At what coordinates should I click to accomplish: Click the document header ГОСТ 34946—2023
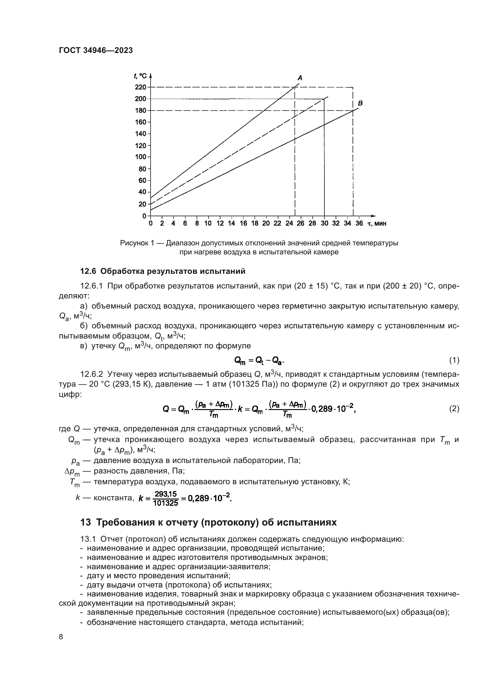pos(96,50)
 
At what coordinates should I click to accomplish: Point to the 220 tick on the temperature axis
pos(141,87)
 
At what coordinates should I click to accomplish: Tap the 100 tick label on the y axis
pos(141,157)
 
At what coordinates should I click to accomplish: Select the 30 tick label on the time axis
pos(324,224)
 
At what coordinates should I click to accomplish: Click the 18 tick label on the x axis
pos(254,224)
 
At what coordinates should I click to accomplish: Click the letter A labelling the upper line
pos(300,78)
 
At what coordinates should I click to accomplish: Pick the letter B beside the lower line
pos(360,103)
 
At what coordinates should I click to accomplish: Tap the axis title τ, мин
pos(377,224)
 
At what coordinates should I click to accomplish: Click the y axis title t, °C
pos(140,76)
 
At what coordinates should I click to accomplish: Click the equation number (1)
pos(454,360)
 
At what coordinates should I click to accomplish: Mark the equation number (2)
pos(454,409)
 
